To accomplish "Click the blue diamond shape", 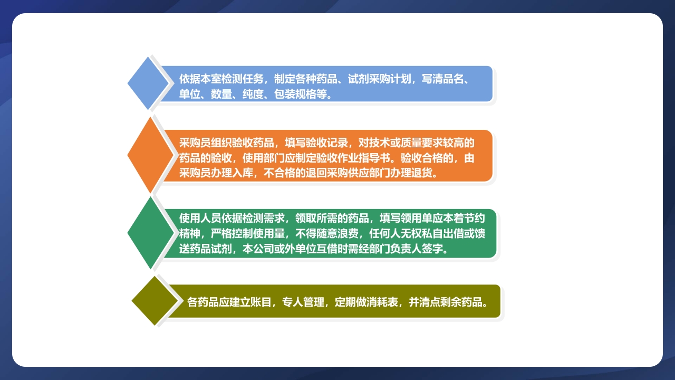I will pos(148,83).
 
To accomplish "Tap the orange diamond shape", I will pos(150,155).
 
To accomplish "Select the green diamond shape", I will pos(150,233).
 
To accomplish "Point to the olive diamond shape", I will pos(154,301).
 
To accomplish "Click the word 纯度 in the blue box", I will pos(253,94).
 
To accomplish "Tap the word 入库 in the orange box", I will pos(243,173).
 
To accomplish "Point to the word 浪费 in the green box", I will pos(359,233).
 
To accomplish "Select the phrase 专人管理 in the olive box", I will pos(303,302).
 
